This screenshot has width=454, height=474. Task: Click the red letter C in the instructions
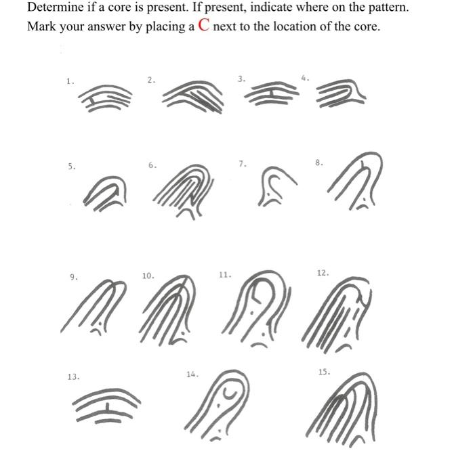(x=204, y=27)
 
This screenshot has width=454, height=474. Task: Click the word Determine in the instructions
(x=54, y=9)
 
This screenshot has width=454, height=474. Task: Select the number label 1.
(x=68, y=81)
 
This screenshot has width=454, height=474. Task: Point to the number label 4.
(x=304, y=79)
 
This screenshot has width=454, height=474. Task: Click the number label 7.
(x=242, y=164)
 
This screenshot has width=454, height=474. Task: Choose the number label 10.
(x=148, y=276)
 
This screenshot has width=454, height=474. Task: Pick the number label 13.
(x=73, y=376)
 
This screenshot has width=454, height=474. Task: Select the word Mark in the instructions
(x=41, y=28)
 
